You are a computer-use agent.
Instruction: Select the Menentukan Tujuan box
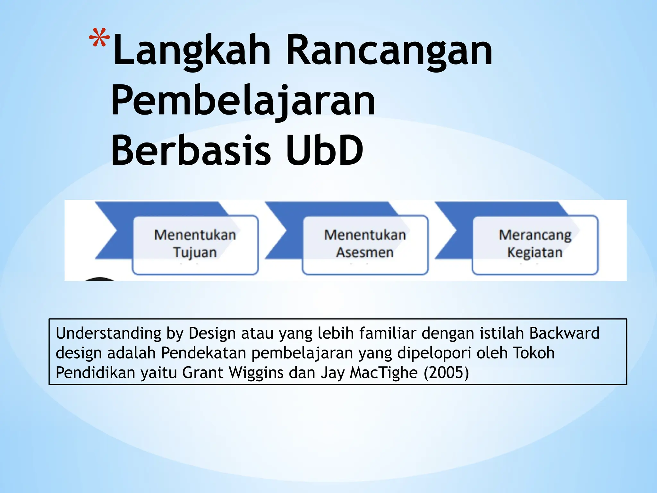click(195, 245)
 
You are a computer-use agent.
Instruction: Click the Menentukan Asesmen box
click(365, 245)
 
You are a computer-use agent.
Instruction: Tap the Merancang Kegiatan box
click(535, 245)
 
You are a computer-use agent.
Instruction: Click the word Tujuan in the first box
click(195, 253)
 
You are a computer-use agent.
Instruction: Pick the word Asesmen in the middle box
click(365, 253)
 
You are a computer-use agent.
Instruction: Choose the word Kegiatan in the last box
click(535, 253)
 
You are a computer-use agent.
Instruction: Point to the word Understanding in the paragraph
click(108, 333)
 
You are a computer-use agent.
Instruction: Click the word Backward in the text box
click(564, 333)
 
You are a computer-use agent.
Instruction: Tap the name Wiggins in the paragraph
click(256, 373)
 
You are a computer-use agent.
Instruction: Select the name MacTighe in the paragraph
click(384, 373)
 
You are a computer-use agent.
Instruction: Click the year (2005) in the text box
click(446, 373)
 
